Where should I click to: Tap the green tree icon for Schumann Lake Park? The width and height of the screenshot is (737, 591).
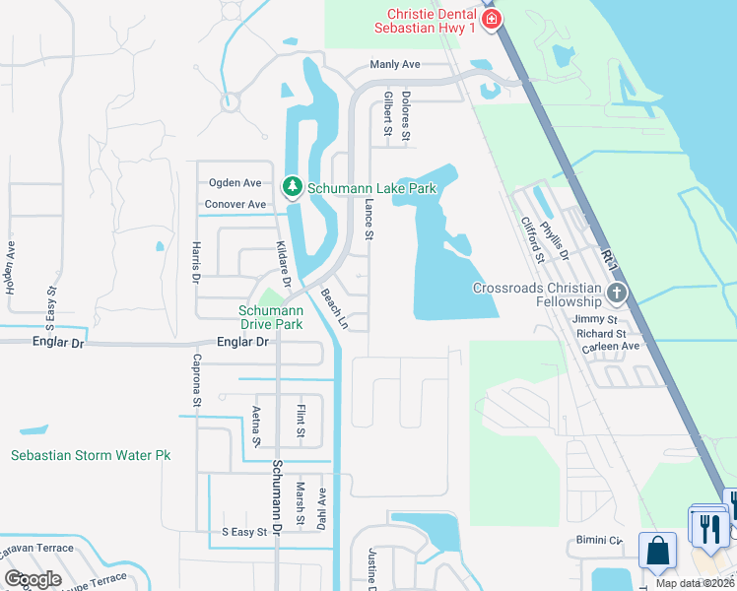[292, 186]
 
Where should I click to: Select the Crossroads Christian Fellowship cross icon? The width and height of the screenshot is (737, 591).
[616, 293]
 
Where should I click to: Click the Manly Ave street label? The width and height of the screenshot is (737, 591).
[395, 65]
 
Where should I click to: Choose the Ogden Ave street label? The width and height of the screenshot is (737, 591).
[234, 183]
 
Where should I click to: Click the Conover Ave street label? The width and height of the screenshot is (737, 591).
[234, 205]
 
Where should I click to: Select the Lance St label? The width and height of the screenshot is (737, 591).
[369, 219]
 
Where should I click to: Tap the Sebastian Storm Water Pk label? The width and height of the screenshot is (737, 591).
[91, 455]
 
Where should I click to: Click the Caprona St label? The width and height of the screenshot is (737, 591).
[196, 380]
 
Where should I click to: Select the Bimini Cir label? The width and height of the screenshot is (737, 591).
[600, 541]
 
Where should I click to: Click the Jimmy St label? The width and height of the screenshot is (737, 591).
[597, 320]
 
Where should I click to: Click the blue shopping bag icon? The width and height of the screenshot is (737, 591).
[657, 550]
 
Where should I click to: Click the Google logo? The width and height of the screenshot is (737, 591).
[33, 579]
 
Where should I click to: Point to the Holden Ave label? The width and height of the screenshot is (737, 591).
[11, 269]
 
